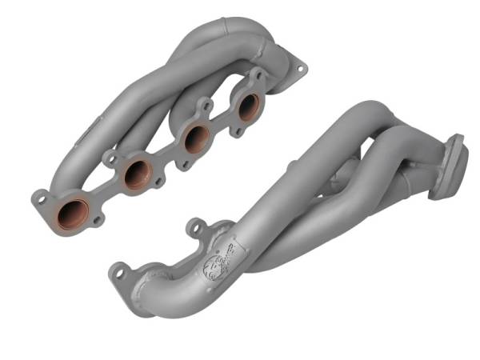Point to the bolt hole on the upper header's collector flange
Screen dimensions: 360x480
[x=301, y=70]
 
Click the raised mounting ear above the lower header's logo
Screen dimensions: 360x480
[x=193, y=228]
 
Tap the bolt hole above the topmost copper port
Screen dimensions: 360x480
[x=258, y=75]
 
